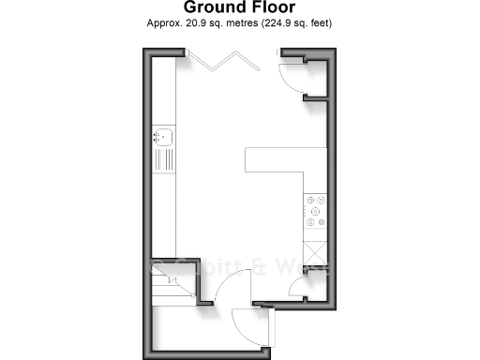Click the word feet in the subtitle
(x=320, y=23)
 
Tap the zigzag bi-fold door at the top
(x=219, y=64)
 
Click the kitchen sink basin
(x=162, y=137)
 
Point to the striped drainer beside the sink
(x=162, y=158)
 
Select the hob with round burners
(x=313, y=212)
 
